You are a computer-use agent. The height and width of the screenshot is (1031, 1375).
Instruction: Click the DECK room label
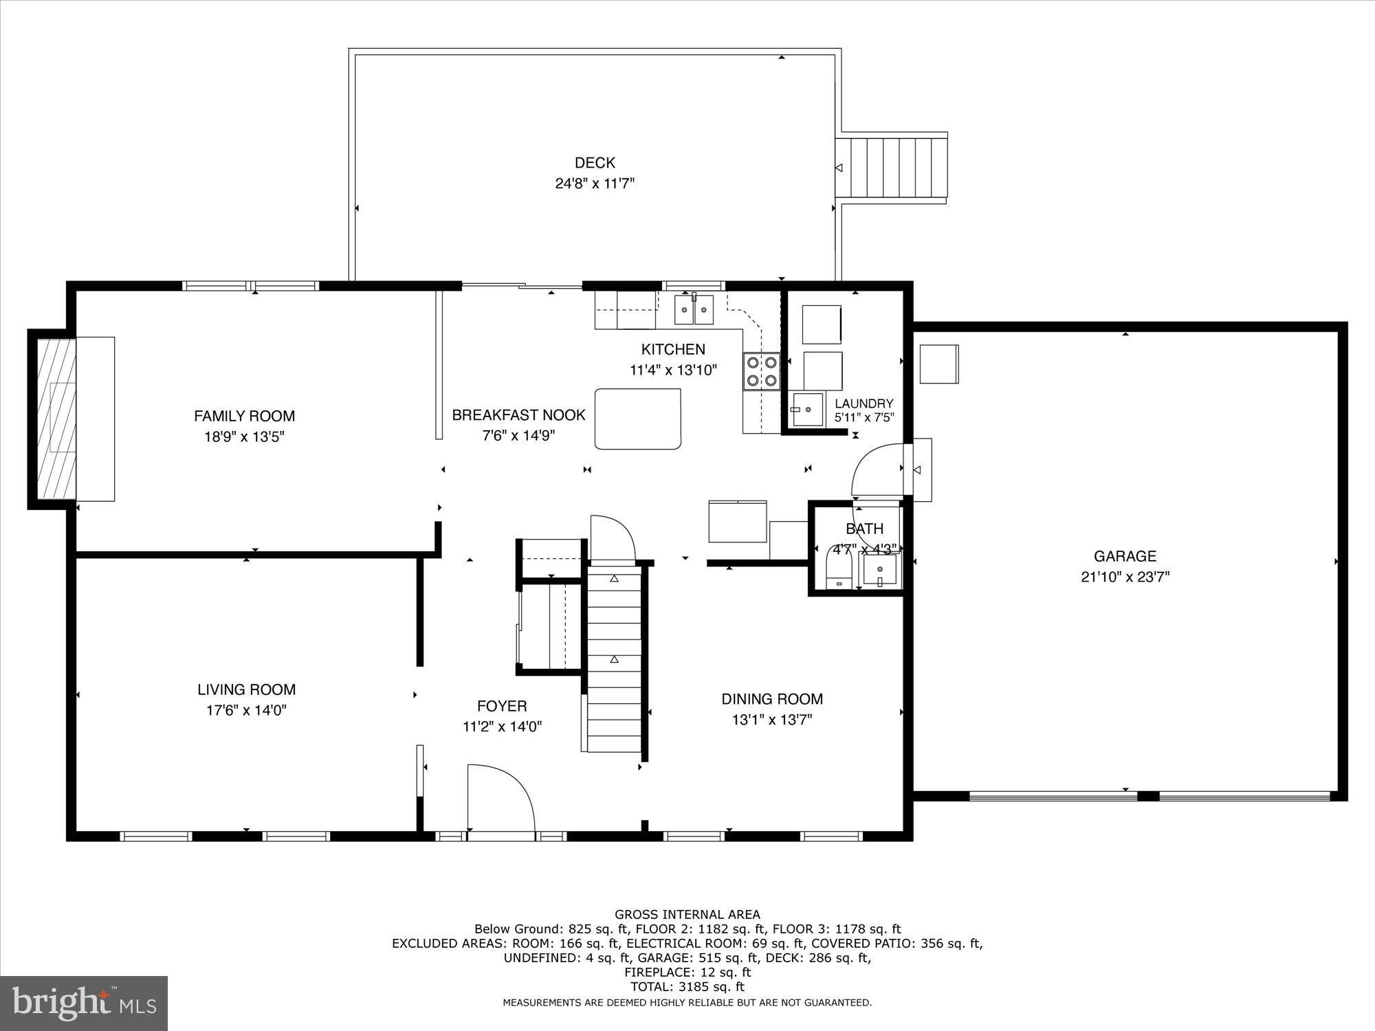click(595, 163)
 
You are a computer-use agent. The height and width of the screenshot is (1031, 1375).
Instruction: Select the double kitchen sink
click(694, 309)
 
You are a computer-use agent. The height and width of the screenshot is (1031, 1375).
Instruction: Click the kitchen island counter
click(638, 419)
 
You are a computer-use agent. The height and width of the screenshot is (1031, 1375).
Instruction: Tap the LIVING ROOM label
click(246, 689)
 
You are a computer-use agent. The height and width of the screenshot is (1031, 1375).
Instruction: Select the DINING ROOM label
click(771, 699)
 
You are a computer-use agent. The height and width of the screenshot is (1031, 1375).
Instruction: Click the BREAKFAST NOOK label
click(518, 415)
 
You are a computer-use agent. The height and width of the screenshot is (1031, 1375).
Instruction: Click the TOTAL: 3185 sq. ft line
click(687, 987)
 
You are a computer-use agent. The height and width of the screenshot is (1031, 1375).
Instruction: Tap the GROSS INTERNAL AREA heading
click(687, 914)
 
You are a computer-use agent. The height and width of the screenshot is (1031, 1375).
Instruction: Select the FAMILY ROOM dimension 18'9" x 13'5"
click(245, 436)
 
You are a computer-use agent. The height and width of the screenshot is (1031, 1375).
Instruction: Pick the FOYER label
click(502, 706)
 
